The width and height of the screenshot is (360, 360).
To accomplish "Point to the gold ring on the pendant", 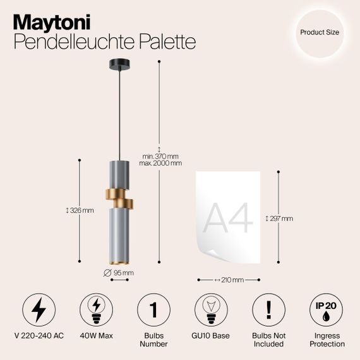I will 119,199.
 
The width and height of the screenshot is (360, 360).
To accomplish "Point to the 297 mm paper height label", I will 280,219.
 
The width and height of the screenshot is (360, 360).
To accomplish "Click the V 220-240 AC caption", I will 39,336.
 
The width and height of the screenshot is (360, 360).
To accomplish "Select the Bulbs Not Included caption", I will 268,340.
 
